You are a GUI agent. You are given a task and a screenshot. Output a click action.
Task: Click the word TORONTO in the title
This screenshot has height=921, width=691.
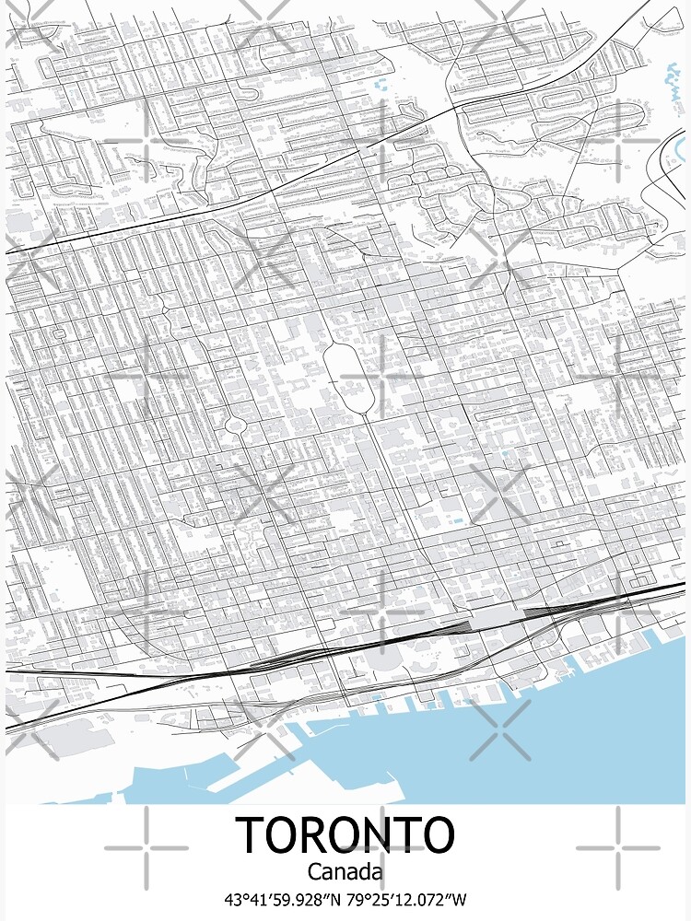point(345,834)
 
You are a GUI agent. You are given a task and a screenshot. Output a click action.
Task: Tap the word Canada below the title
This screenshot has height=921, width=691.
point(345,870)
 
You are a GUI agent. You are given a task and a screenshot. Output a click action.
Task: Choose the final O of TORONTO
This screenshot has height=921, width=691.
point(436,834)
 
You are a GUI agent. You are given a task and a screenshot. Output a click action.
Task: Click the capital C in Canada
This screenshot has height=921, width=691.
point(314,870)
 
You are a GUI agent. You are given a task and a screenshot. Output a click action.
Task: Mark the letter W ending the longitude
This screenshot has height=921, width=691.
point(460,899)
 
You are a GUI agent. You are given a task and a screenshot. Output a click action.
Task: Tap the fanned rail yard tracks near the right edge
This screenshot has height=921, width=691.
point(553,610)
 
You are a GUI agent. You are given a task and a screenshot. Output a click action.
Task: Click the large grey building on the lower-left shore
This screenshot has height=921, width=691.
point(69,737)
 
